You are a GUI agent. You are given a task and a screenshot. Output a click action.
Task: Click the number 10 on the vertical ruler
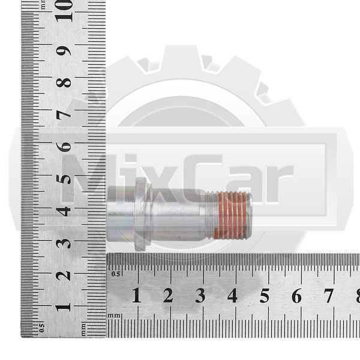(x=64, y=11)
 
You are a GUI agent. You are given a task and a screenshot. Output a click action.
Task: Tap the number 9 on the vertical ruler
(x=64, y=51)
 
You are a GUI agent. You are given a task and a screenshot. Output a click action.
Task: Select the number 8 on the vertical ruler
(x=64, y=83)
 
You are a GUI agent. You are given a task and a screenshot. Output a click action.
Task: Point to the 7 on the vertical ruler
(x=64, y=115)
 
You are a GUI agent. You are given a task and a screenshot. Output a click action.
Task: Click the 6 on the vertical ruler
(x=64, y=147)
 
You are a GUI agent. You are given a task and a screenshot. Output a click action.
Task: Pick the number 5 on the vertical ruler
(x=64, y=179)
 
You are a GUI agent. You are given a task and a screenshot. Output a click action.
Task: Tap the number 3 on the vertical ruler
(x=64, y=244)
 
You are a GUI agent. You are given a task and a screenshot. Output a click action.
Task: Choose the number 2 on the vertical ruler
(x=64, y=275)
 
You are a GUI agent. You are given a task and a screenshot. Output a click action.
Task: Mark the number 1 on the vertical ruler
(x=63, y=307)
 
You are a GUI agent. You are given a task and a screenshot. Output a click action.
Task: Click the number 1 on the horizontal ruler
(x=136, y=295)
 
